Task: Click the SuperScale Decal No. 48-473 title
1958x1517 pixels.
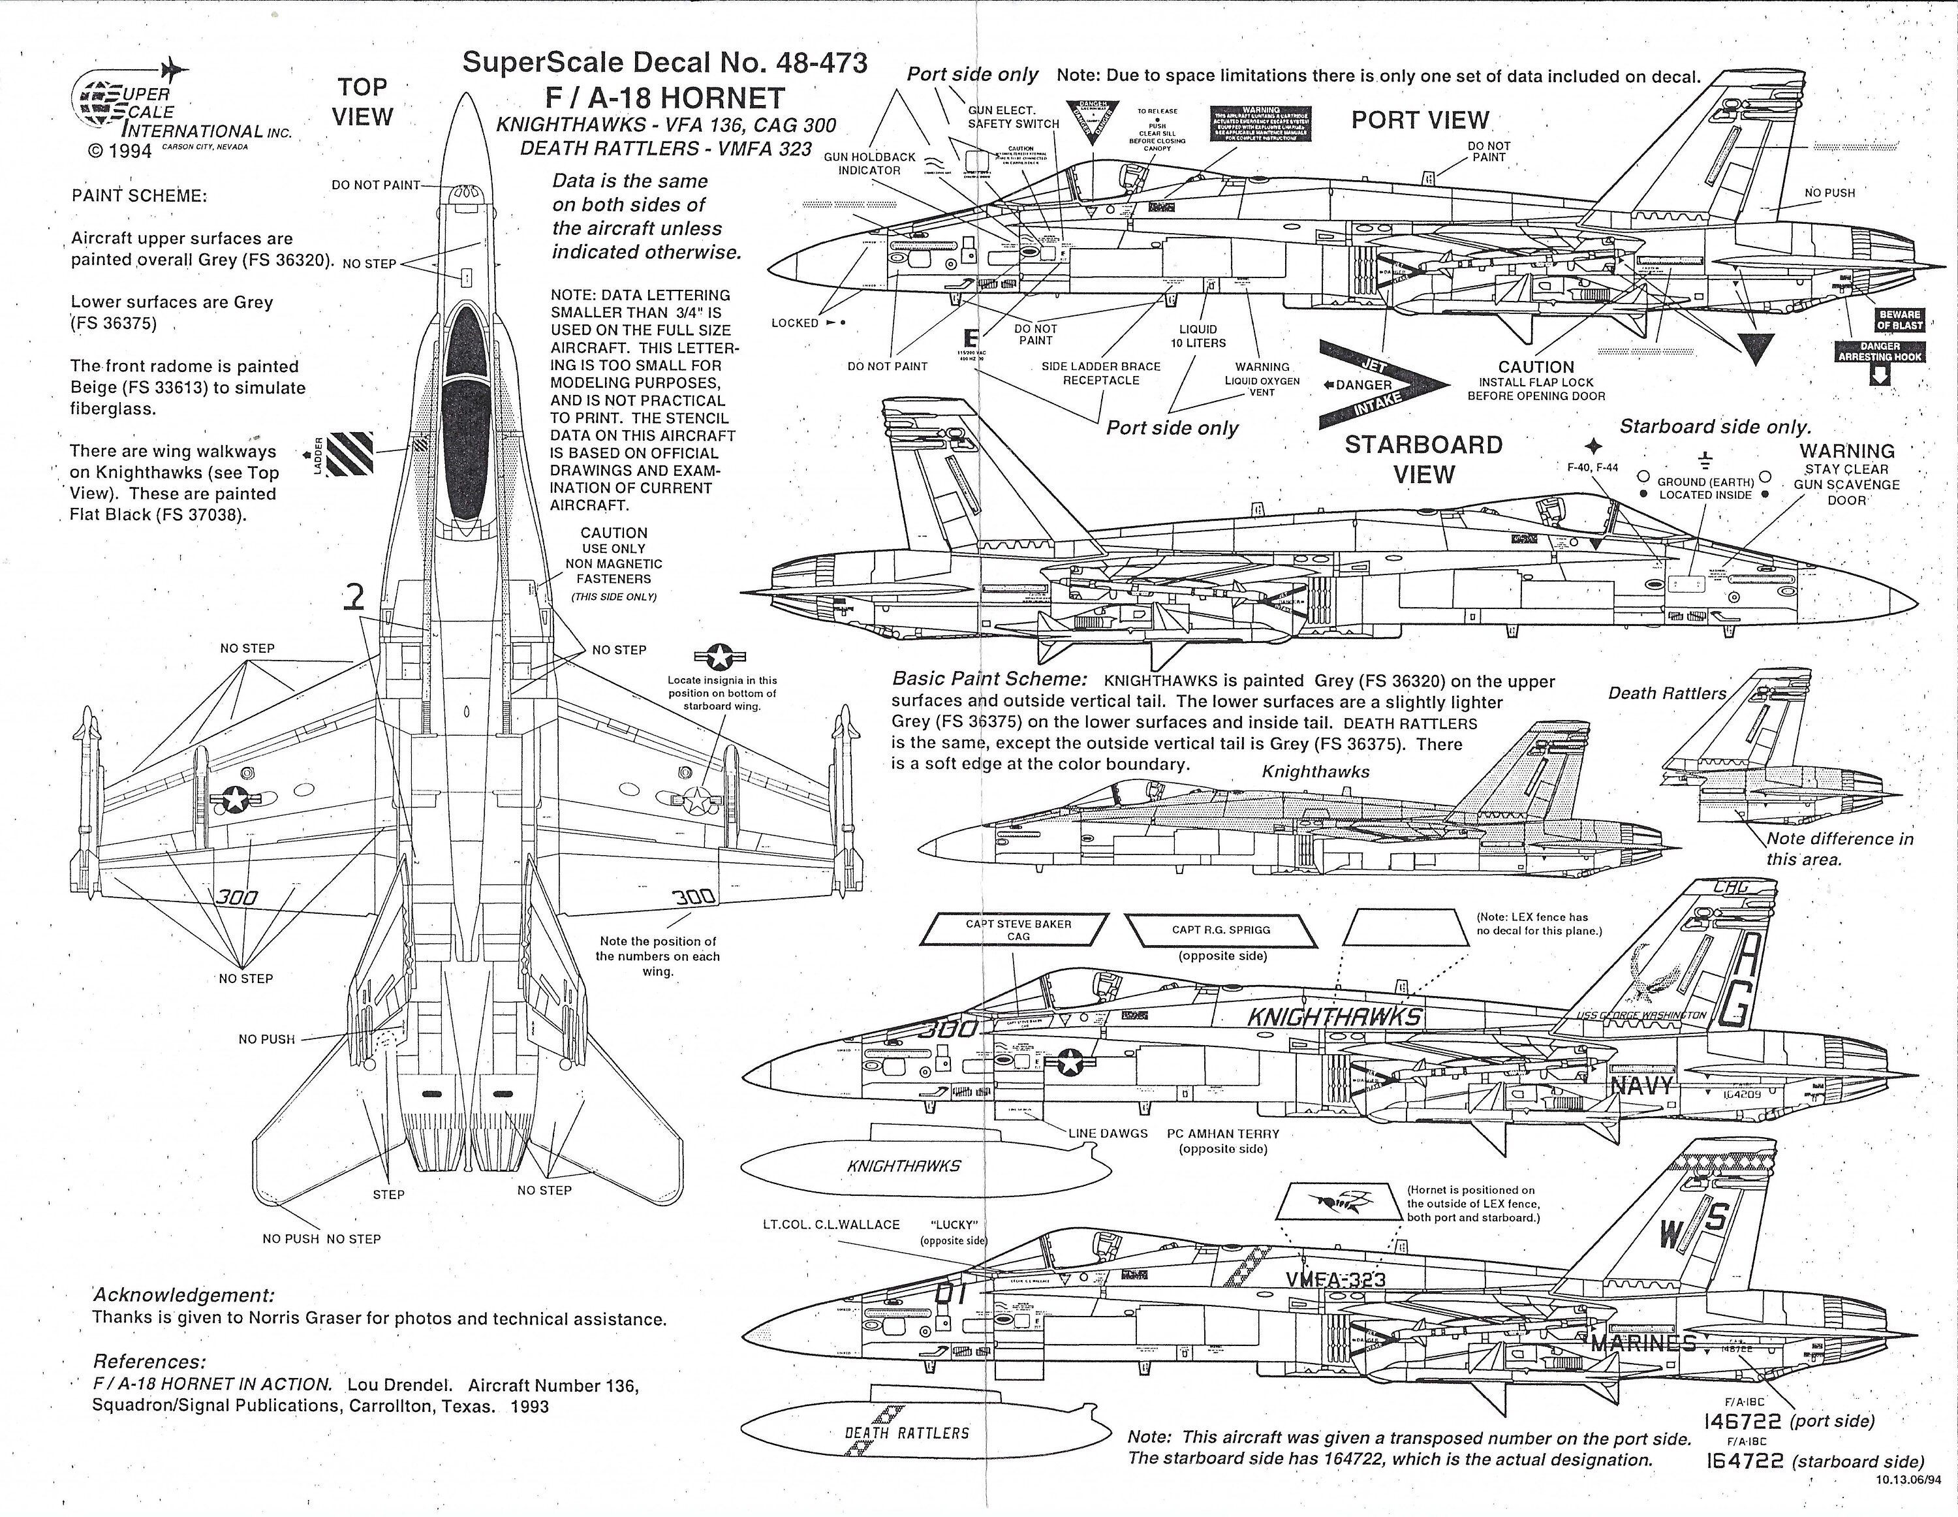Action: pos(664,63)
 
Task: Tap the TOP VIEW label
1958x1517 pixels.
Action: pos(363,102)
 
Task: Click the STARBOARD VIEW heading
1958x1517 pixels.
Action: pos(1423,459)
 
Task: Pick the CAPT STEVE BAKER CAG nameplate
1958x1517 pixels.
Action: pos(1018,930)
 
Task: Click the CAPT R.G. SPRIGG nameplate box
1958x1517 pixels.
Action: pos(1220,930)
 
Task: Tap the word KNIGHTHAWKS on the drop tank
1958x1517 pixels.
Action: pos(904,1166)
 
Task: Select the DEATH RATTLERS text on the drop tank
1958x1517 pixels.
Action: pos(907,1433)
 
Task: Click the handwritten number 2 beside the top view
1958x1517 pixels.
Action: pos(356,597)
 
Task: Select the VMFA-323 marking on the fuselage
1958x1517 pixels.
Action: pos(1335,1280)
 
